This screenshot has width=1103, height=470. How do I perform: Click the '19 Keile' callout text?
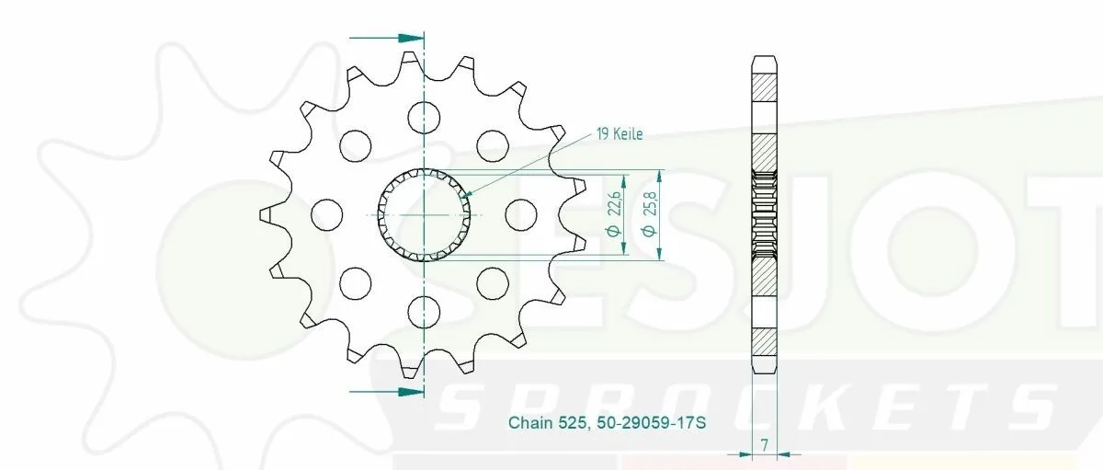(620, 134)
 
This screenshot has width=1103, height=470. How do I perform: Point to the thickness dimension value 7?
(764, 445)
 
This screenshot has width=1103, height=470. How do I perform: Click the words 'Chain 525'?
(547, 423)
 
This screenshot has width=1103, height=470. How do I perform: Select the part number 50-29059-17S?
(652, 423)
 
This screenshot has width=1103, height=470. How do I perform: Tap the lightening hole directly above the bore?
(424, 118)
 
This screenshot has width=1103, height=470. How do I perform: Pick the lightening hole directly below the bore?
(424, 312)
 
